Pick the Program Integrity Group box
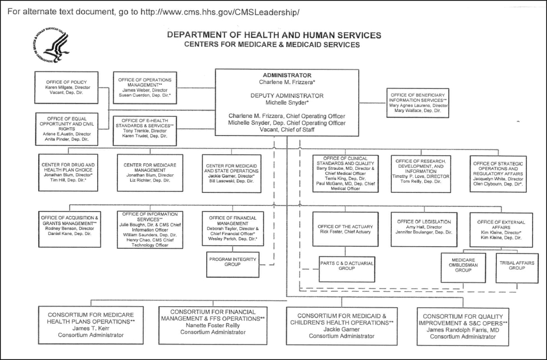232,261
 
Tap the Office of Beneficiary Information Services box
418,102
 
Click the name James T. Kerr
90,328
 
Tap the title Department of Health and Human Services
274,35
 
